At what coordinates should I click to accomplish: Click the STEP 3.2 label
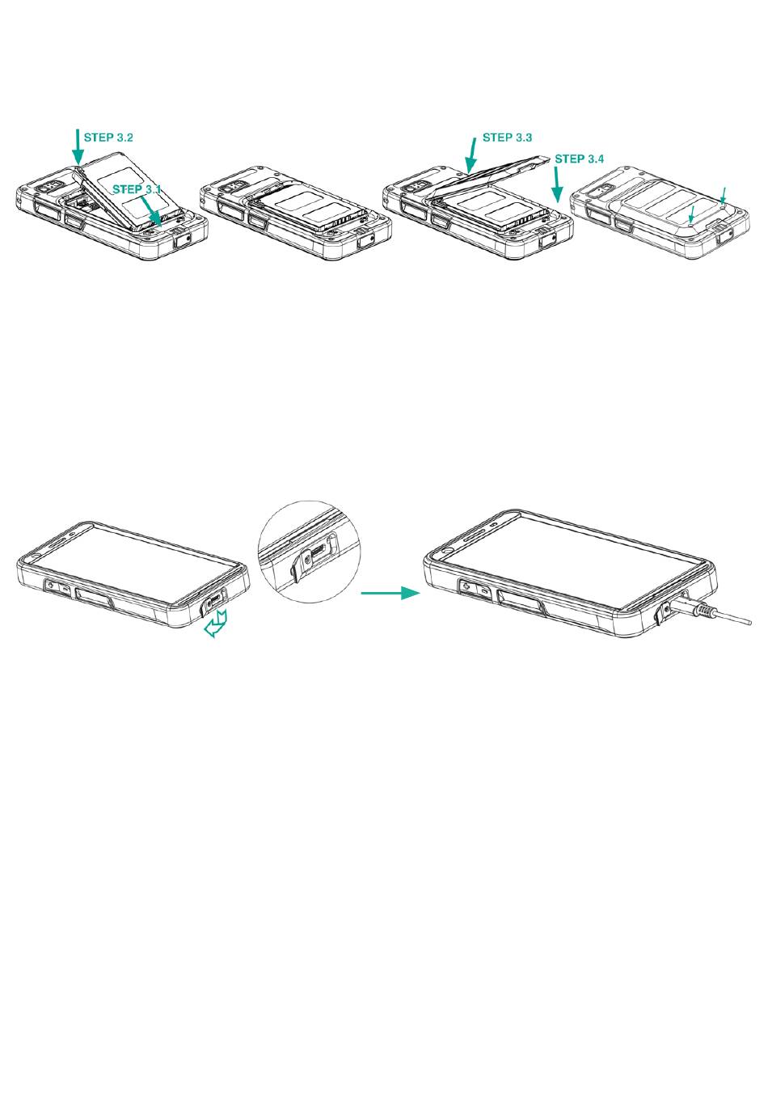coord(108,137)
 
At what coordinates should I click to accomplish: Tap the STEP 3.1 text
coord(137,189)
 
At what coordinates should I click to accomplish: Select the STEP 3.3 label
coord(507,137)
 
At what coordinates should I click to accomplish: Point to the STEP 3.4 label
coord(580,159)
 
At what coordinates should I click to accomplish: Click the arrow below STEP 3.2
coord(78,147)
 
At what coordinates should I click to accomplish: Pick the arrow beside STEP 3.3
coord(471,156)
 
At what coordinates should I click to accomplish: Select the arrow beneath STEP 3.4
coord(557,185)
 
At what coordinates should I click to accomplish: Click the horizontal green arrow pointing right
coord(390,593)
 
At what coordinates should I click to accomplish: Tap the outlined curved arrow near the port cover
coord(215,624)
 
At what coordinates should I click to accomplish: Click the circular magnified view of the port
coord(309,552)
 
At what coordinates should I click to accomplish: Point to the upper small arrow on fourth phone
coord(723,196)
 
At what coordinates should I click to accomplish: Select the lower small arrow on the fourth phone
coord(692,214)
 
